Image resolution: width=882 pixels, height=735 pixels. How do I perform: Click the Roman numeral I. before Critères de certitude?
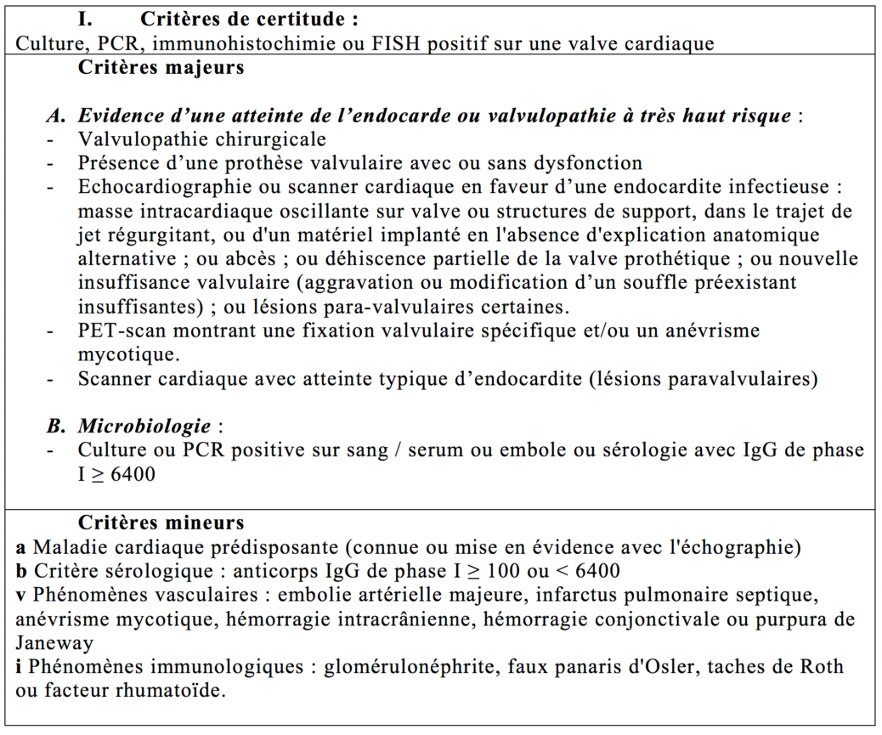[85, 18]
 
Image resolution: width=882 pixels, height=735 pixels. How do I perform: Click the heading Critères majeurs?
[161, 68]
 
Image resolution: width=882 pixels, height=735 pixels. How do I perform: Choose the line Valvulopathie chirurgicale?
[201, 139]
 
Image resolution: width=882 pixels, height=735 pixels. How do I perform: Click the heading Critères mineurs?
[161, 523]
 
